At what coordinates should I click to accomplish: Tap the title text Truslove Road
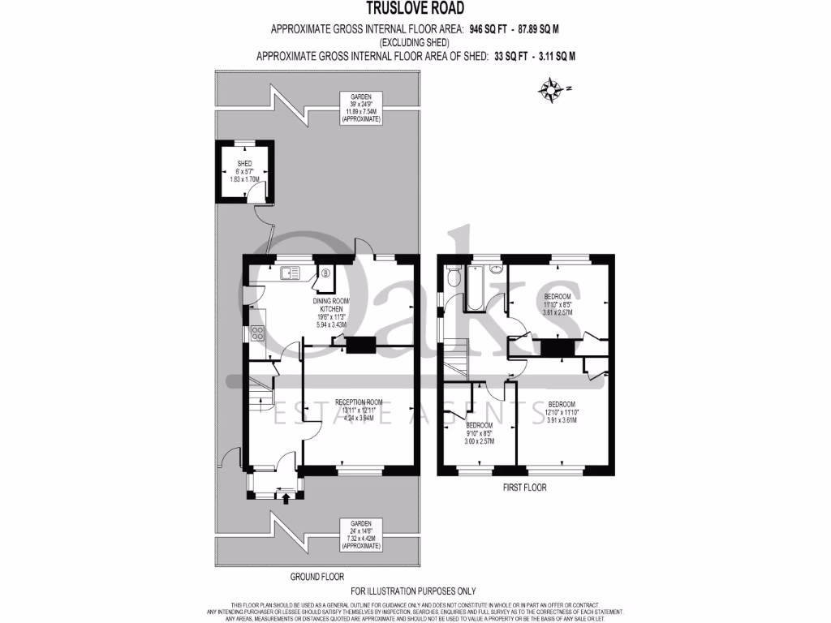point(415,10)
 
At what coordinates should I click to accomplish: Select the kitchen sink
point(290,273)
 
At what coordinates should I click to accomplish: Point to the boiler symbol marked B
point(325,274)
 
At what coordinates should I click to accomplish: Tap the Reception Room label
point(358,410)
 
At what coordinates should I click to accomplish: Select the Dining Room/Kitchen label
point(331,312)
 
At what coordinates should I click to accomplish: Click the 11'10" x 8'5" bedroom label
point(558,303)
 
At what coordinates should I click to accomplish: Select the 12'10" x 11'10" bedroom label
point(561,411)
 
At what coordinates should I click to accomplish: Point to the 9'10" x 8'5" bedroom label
point(478,433)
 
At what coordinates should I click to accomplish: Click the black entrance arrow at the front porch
point(286,497)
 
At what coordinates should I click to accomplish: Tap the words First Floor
point(524,488)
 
